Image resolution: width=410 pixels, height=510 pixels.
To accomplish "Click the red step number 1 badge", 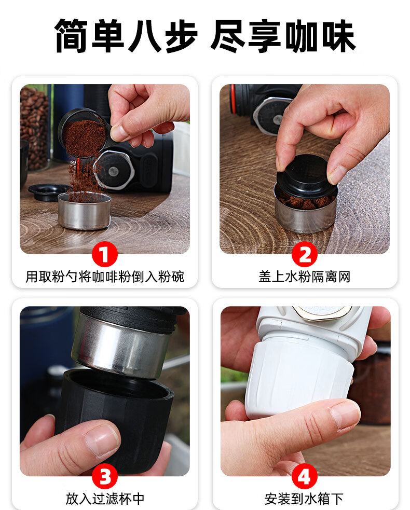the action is coord(104,254).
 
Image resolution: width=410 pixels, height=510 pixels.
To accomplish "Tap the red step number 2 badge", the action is coord(305,254).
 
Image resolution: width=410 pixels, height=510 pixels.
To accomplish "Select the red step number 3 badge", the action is coord(104,476).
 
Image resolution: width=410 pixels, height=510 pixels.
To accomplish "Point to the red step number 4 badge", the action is coord(305,476).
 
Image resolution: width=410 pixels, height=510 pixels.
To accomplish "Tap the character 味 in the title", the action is coord(338,35).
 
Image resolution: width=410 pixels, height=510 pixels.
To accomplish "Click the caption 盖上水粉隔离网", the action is coord(305,277).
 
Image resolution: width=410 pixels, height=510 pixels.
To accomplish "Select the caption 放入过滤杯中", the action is coord(105,499).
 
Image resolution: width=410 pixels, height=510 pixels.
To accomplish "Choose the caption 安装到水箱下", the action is coord(304,499).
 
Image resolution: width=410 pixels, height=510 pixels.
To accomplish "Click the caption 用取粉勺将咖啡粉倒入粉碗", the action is coord(105,277).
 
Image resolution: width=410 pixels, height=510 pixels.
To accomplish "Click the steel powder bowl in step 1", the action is coord(85,211).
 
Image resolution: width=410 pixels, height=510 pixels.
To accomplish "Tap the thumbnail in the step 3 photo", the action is coord(102,440).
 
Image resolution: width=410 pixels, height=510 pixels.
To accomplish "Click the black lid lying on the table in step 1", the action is coord(48,191).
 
